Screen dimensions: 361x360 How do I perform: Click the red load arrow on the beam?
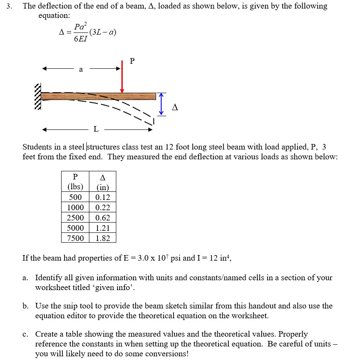[x=122, y=77]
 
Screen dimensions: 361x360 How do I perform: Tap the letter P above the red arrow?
[x=132, y=61]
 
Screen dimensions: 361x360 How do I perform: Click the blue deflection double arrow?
[x=161, y=104]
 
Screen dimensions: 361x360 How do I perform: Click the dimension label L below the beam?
[x=96, y=129]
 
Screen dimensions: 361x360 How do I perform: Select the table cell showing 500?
[x=75, y=197]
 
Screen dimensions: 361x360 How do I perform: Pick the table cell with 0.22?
[x=103, y=208]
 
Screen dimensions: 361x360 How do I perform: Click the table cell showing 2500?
[x=75, y=218]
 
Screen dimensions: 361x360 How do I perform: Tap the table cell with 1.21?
[x=103, y=228]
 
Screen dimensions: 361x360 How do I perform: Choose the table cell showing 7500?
[x=75, y=238]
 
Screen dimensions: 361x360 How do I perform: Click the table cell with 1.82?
[x=103, y=238]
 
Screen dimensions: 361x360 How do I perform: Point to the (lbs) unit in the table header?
[x=75, y=187]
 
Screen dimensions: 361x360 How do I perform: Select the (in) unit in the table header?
[x=103, y=187]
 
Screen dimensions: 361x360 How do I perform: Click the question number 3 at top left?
[x=6, y=6]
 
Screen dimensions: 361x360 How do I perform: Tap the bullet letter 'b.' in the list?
[x=26, y=306]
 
